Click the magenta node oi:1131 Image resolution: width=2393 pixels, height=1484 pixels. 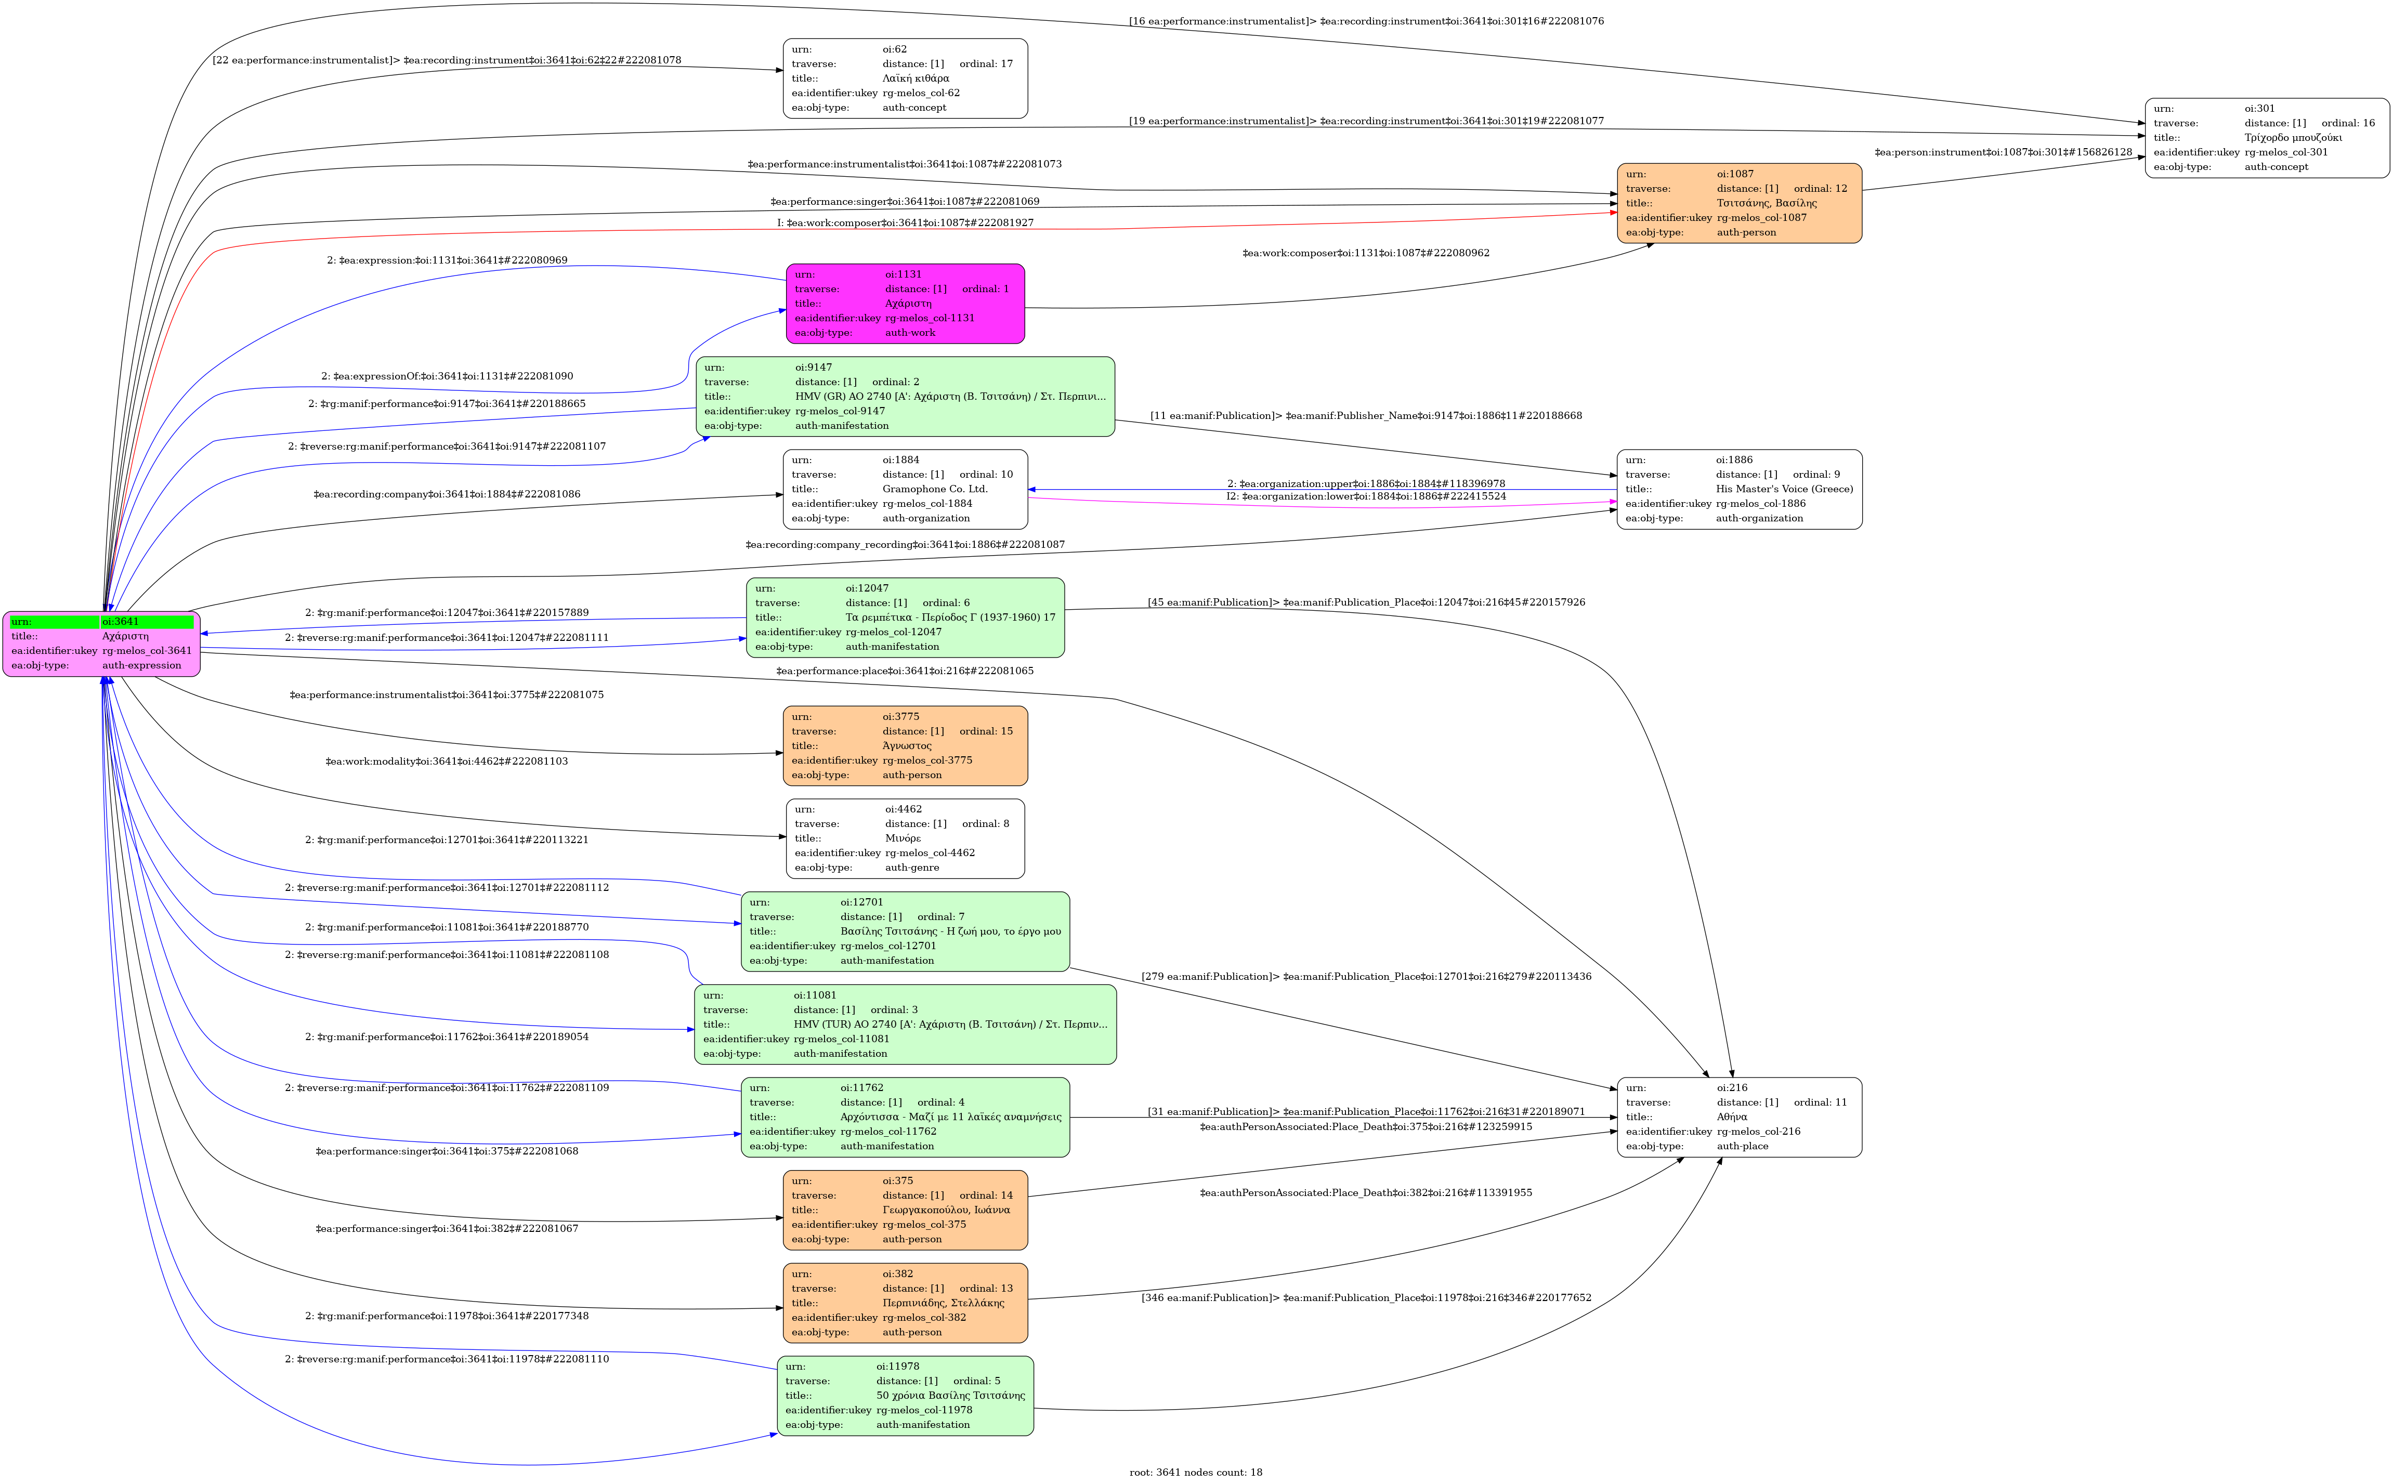(905, 303)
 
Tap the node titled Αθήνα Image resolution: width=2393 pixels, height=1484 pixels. (1740, 1117)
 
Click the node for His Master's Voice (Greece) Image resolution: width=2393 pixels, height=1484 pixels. (1740, 489)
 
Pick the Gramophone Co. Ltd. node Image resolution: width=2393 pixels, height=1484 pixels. (905, 489)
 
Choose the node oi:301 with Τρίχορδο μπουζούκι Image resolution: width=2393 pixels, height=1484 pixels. (2267, 137)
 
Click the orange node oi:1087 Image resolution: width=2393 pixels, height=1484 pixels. (1740, 203)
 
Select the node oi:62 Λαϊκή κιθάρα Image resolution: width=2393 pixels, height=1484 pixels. (905, 78)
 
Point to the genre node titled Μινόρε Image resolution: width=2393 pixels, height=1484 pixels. (905, 838)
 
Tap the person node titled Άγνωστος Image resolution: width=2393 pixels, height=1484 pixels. (905, 746)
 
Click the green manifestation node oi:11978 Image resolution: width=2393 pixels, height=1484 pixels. (905, 1396)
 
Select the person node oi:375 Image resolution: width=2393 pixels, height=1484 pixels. (905, 1210)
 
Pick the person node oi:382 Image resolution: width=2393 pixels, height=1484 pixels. (905, 1303)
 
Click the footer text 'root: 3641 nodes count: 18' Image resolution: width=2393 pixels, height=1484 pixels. (1196, 1472)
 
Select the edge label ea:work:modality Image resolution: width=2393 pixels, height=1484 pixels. (447, 761)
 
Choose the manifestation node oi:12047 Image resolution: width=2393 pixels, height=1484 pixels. (905, 618)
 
